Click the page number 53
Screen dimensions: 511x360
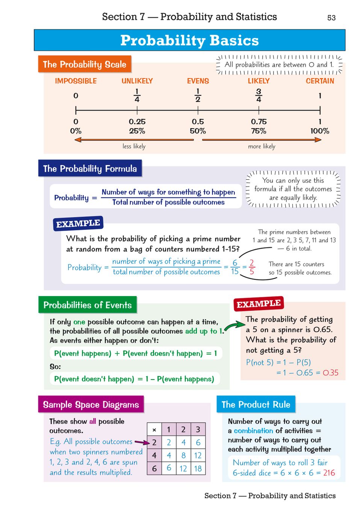(331, 18)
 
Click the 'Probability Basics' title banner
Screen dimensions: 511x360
(189, 40)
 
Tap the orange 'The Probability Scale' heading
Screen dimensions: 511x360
(85, 64)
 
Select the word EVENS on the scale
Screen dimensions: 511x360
(198, 81)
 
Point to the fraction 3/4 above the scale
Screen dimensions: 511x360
(259, 95)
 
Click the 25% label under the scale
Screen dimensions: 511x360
(137, 131)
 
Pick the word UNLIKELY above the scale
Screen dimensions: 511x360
(137, 81)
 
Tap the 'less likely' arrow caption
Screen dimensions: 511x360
(134, 146)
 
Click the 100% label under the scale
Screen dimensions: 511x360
(319, 131)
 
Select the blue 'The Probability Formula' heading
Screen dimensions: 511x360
(90, 168)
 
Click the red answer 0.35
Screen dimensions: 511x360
(330, 373)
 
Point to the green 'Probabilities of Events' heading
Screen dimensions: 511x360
(88, 305)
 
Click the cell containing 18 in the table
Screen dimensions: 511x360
(198, 469)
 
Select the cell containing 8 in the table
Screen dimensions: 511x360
(183, 455)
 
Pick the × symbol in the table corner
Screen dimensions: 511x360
(154, 429)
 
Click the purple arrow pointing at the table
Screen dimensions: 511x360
(142, 442)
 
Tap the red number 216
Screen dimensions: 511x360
(329, 473)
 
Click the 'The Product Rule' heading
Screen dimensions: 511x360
(256, 404)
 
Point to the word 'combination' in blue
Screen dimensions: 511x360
(253, 431)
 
